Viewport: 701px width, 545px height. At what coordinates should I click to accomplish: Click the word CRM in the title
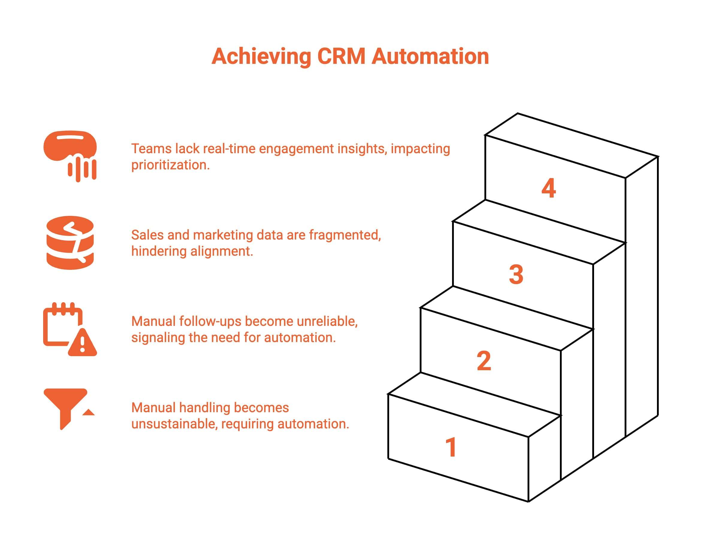click(x=341, y=57)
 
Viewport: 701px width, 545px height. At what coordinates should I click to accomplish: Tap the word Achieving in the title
click(x=261, y=57)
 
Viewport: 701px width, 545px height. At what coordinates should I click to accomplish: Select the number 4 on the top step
click(x=549, y=188)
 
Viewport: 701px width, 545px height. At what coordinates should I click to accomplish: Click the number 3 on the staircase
click(x=516, y=275)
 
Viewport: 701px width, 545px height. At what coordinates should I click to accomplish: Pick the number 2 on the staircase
click(x=484, y=361)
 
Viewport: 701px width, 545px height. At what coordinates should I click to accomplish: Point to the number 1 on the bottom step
click(x=451, y=447)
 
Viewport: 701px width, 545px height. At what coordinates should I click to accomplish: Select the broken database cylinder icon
click(x=70, y=243)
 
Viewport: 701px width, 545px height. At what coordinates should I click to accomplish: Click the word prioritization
click(x=170, y=165)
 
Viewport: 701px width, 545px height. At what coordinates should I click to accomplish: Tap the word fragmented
click(x=345, y=235)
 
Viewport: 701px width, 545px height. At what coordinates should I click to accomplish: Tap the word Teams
click(x=151, y=149)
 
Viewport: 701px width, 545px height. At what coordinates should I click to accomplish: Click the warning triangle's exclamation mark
click(x=82, y=344)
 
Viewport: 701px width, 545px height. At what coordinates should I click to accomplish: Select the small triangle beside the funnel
click(x=89, y=412)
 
